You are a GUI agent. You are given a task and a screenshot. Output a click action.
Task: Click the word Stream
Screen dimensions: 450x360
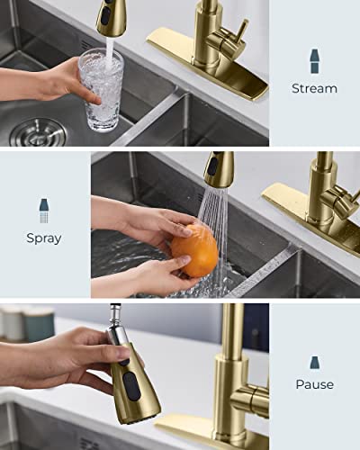tap(314, 88)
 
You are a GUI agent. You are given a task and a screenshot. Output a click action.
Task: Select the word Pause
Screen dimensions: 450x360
tap(314, 384)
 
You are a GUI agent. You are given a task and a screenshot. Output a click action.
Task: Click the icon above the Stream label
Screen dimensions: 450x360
tap(314, 61)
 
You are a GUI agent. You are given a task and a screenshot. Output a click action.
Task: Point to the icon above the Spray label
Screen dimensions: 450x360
tap(44, 211)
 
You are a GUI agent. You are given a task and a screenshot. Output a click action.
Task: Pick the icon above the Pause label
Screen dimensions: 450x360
tap(314, 362)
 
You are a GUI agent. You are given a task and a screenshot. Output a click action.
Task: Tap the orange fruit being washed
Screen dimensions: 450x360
tap(195, 248)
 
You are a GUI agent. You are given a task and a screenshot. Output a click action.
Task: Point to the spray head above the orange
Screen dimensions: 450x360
tap(218, 168)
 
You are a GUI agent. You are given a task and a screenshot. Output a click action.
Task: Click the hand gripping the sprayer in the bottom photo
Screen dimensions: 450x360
tap(67, 355)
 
